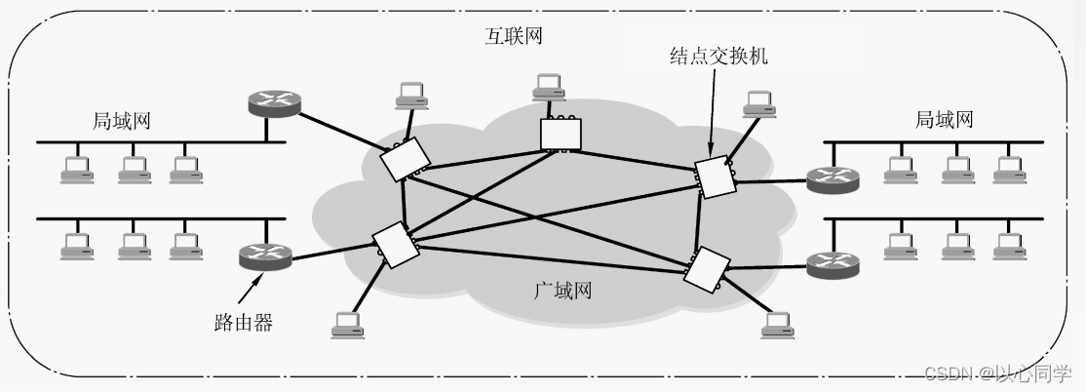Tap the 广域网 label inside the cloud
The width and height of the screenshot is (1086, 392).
point(562,291)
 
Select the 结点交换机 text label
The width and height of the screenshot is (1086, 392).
point(719,56)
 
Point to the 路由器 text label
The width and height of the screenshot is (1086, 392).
point(242,322)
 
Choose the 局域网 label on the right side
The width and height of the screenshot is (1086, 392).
point(944,120)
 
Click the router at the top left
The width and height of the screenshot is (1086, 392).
point(274,102)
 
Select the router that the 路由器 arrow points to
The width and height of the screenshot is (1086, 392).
point(265,257)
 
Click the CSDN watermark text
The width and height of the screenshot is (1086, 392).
point(995,374)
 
